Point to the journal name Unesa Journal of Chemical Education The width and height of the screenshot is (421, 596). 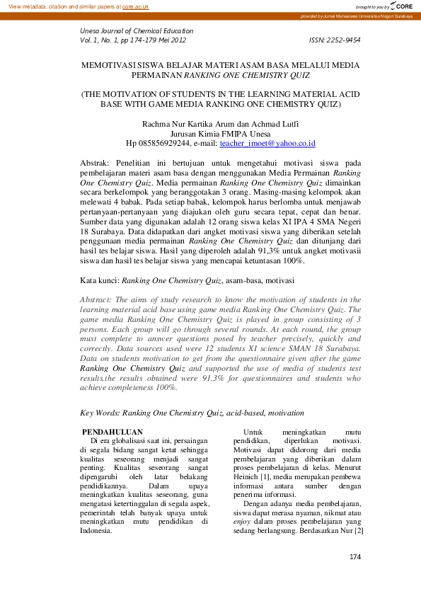pyautogui.click(x=137, y=31)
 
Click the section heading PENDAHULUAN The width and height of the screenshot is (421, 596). pyautogui.click(x=113, y=432)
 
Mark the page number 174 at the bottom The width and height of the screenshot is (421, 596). pyautogui.click(x=355, y=578)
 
